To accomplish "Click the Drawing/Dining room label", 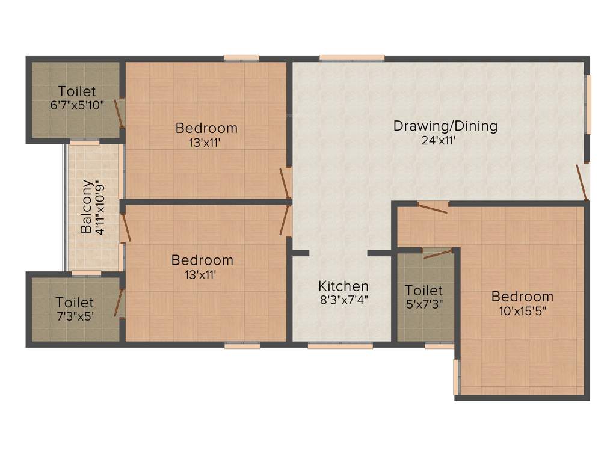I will [445, 126].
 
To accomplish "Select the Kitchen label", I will [343, 286].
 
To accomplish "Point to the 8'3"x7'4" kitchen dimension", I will [343, 299].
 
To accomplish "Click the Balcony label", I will [87, 206].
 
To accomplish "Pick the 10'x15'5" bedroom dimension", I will [522, 311].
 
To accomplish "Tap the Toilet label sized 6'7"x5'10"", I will [76, 91].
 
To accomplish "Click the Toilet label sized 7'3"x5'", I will [75, 302].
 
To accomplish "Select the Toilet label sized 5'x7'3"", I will [423, 291].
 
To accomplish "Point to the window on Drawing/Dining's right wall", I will [588, 105].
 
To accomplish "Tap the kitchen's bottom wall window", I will [340, 346].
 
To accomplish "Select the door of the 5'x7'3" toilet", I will [437, 253].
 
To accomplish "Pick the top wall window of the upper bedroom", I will [242, 58].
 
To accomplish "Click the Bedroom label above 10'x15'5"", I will [522, 297].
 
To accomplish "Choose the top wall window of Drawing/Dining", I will [352, 58].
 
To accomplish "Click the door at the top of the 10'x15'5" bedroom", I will [433, 206].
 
